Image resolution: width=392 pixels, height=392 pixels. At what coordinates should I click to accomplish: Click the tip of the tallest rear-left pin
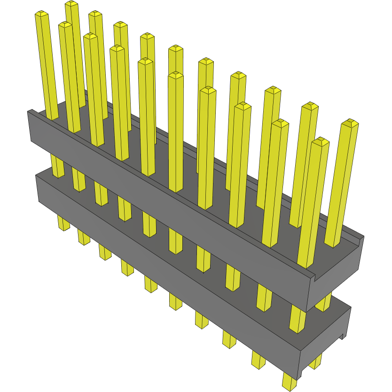point(71,4)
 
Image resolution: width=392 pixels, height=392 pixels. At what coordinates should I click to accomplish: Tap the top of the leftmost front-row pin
point(41,14)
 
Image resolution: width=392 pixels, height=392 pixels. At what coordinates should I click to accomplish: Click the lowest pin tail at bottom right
point(290,381)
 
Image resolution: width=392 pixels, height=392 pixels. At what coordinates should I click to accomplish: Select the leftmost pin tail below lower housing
point(63,223)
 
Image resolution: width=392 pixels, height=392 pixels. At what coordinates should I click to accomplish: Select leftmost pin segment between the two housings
point(57,166)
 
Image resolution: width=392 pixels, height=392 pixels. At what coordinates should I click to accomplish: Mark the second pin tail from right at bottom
point(258,360)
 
